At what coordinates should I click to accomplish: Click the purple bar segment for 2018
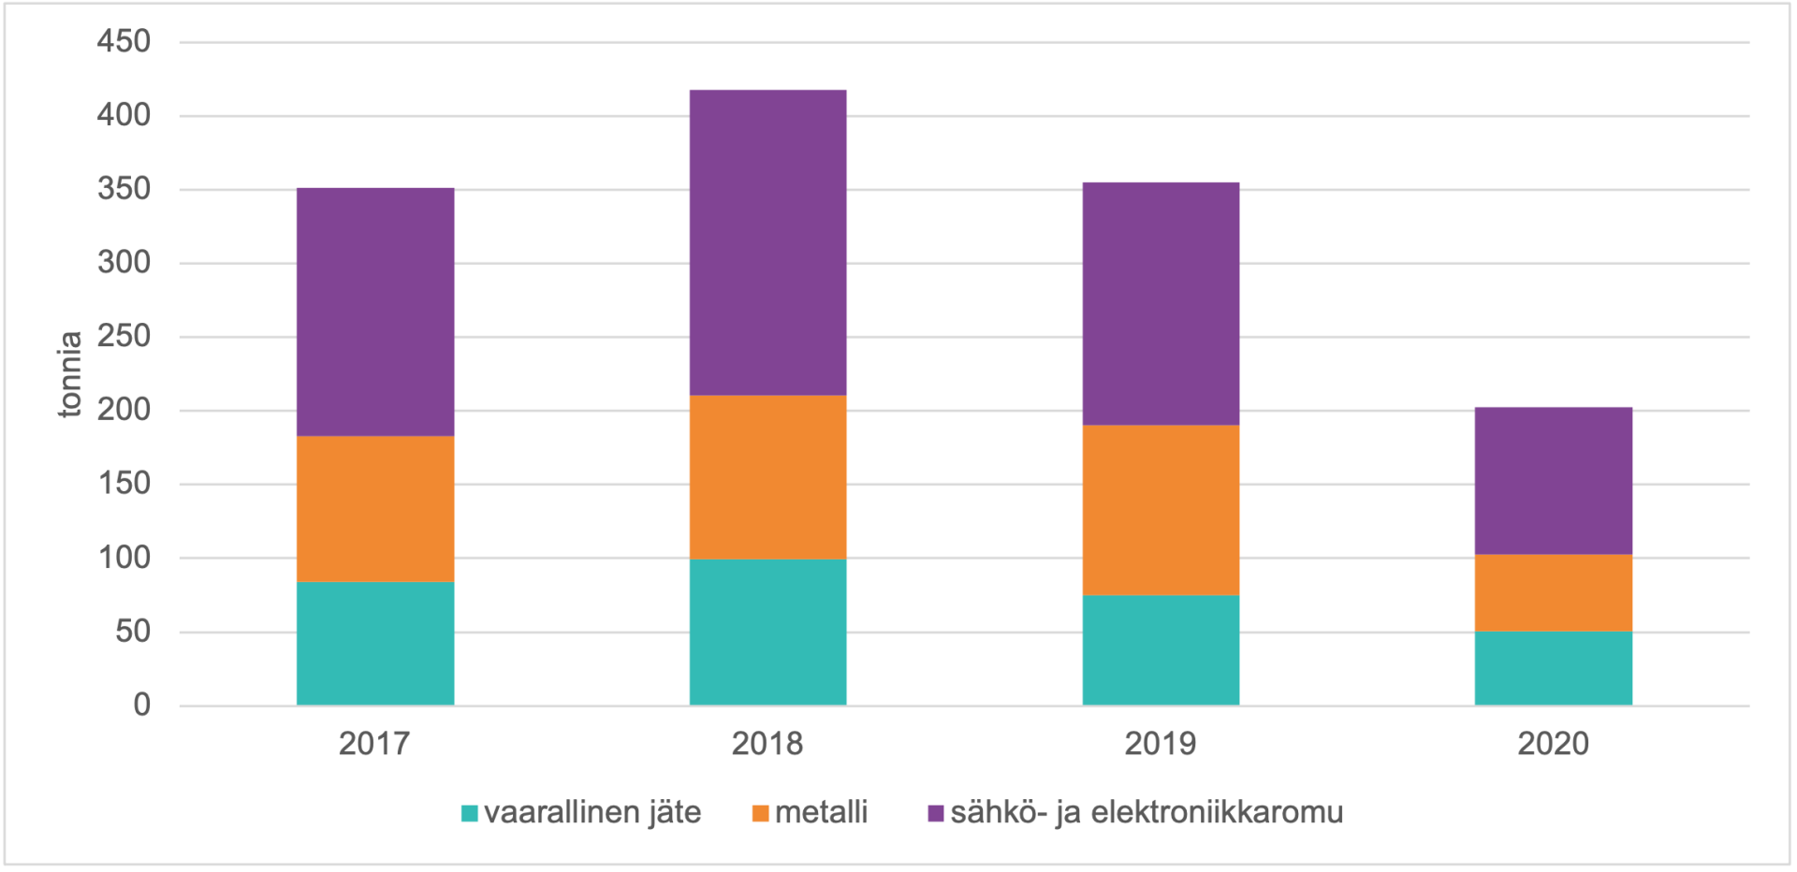coord(767,242)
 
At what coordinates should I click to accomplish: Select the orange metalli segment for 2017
coord(375,508)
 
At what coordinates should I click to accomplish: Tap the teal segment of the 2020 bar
coord(1553,668)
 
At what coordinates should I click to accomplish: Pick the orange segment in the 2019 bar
coord(1161,510)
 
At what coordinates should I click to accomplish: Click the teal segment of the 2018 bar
coord(767,632)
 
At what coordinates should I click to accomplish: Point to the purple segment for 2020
coord(1553,481)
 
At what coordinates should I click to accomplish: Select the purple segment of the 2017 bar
coord(375,312)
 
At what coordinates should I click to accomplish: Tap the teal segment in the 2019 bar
coord(1161,649)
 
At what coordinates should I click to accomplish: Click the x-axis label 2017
coord(374,744)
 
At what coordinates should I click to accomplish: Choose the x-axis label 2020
coord(1553,744)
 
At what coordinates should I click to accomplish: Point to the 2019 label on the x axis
coord(1161,744)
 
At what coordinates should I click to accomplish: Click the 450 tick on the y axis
coord(124,41)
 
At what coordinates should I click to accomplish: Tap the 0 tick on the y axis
coord(141,705)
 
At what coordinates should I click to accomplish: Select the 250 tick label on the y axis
coord(124,336)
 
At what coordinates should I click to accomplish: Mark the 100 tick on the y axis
coord(124,558)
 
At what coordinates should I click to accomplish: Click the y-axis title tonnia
coord(70,374)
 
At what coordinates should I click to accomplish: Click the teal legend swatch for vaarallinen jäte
coord(470,813)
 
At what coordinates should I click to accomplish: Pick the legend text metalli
coord(821,812)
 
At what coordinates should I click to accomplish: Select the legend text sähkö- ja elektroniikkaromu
coord(1147,812)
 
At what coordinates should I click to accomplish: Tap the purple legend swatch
coord(935,813)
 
